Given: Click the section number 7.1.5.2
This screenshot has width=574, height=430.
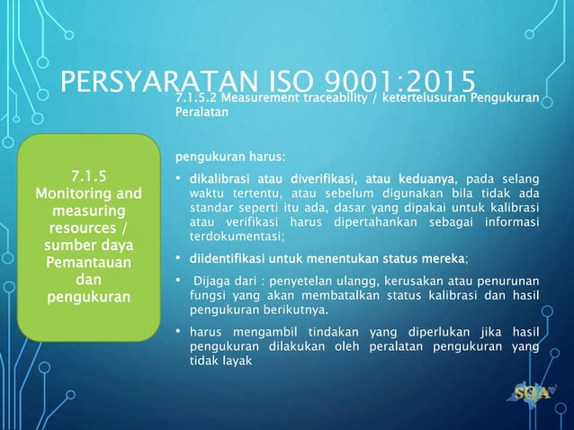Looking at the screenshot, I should [x=194, y=97].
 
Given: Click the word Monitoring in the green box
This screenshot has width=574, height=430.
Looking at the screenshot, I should [x=76, y=193].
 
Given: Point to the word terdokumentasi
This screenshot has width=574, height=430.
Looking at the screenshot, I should [x=234, y=237].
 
